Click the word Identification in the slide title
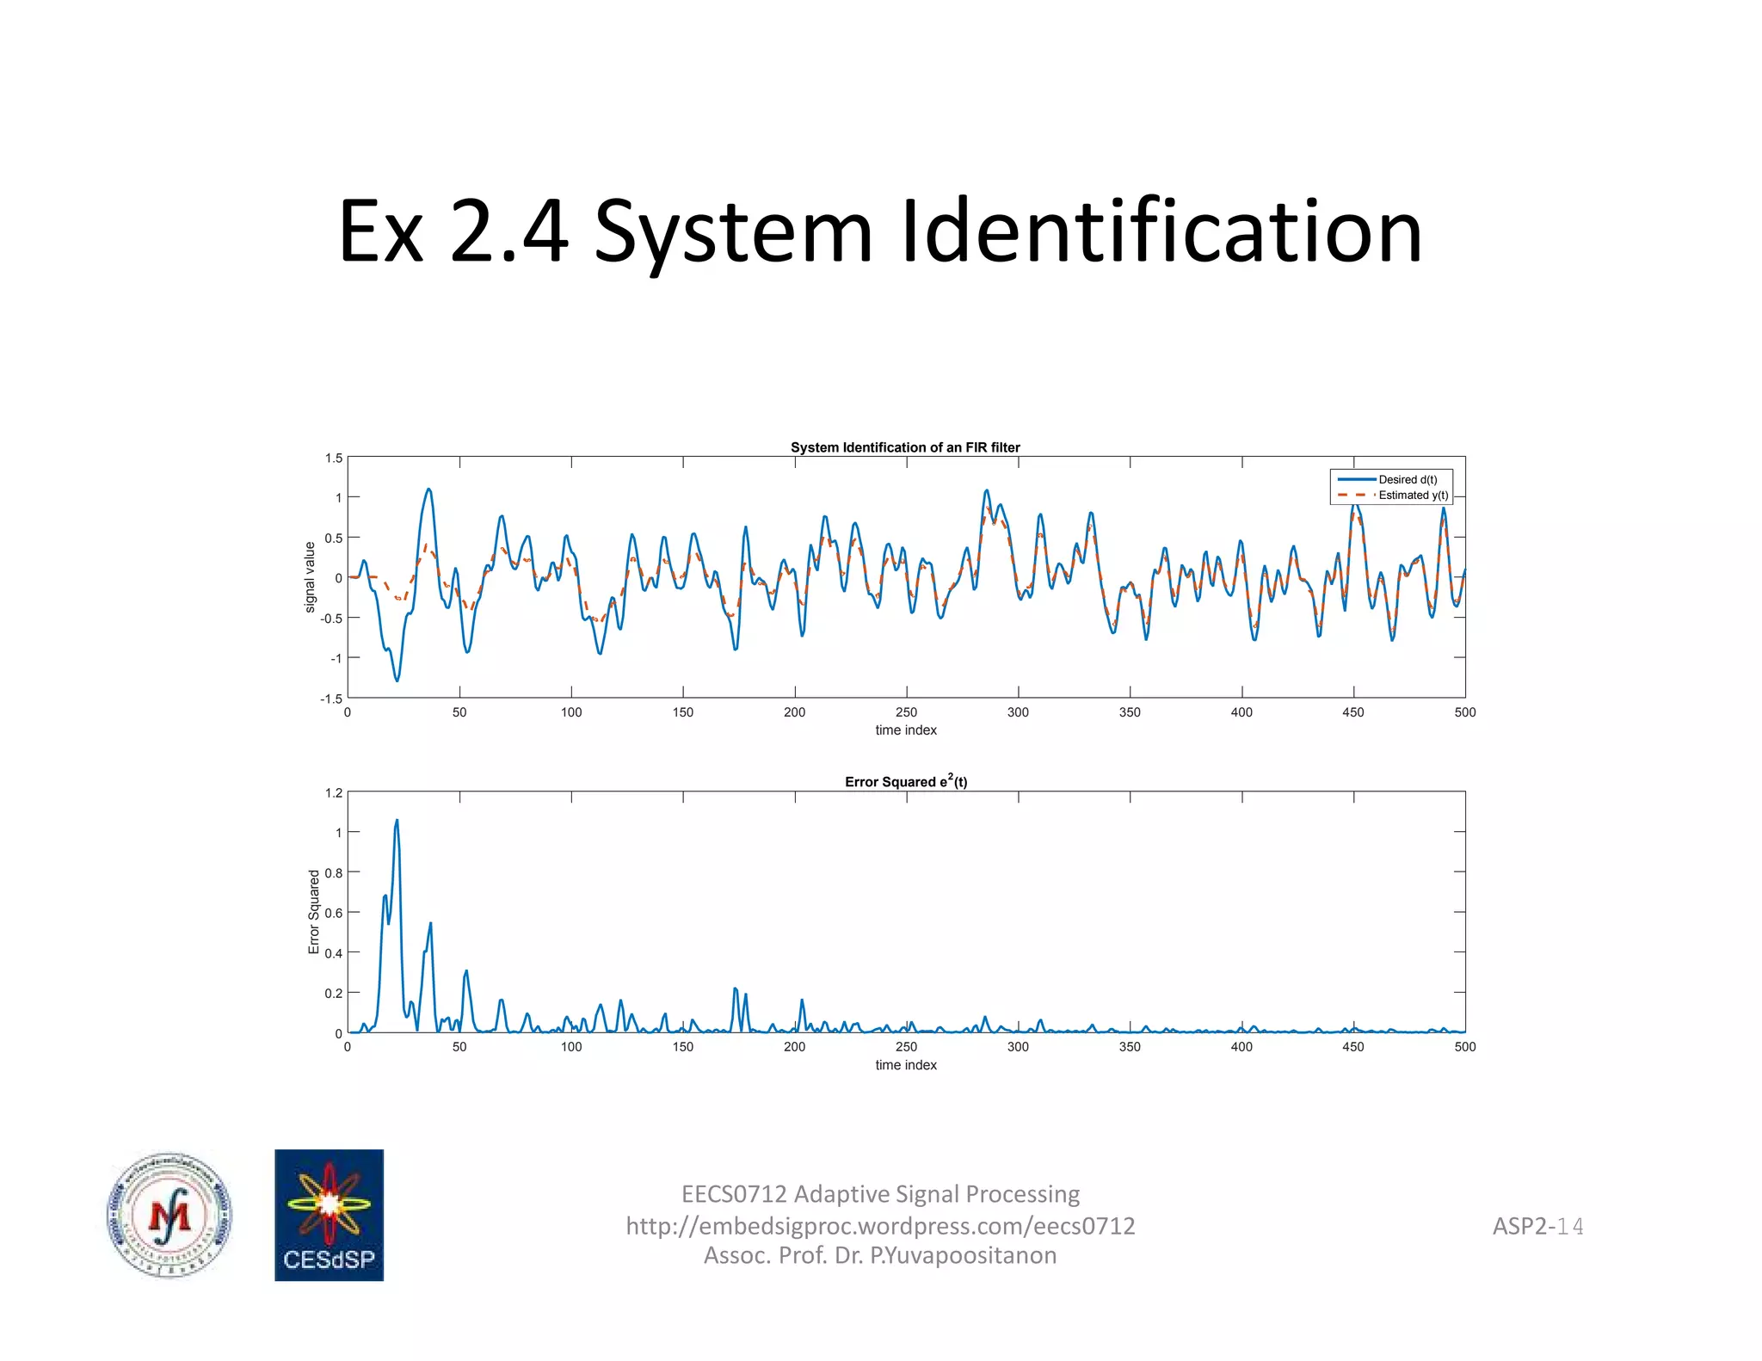click(x=1161, y=232)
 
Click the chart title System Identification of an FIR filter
click(x=905, y=447)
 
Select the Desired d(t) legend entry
click(x=1407, y=480)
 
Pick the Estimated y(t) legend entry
click(x=1413, y=496)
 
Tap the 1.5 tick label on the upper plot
click(x=334, y=459)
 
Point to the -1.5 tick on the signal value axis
click(x=331, y=699)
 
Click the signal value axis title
click(x=311, y=577)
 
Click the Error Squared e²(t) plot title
click(x=905, y=782)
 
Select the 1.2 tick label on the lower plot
click(x=334, y=793)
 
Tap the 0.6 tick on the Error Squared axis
click(x=334, y=913)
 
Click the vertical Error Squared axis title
click(x=314, y=912)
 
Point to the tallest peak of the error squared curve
click(x=397, y=822)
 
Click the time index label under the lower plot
click(x=906, y=1065)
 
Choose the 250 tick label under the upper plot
click(x=906, y=712)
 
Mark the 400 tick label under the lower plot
click(x=1241, y=1047)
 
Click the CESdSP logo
click(x=329, y=1215)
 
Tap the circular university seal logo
click(x=169, y=1215)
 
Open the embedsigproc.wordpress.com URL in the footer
click(x=880, y=1226)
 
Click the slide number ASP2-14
click(x=1537, y=1226)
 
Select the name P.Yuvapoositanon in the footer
click(x=964, y=1256)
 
